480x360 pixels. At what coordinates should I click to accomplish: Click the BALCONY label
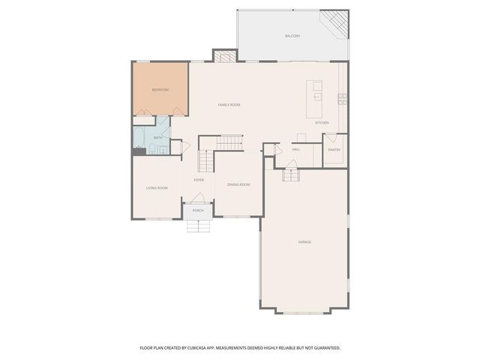(292, 36)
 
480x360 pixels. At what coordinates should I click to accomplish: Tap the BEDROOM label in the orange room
(160, 90)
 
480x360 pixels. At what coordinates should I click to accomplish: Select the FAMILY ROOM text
(229, 105)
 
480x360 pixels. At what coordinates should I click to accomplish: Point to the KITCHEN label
(322, 122)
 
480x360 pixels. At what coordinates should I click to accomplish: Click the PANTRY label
(334, 149)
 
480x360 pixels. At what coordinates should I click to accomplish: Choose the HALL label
(296, 149)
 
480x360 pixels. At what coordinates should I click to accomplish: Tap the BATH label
(158, 138)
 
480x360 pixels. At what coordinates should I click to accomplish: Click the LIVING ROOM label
(157, 187)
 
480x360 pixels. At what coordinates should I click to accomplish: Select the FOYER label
(199, 180)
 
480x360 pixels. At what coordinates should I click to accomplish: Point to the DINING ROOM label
(238, 184)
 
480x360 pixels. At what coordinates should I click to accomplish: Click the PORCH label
(198, 211)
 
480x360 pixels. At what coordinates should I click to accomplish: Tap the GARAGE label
(304, 241)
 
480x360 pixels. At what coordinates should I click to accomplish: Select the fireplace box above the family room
(224, 56)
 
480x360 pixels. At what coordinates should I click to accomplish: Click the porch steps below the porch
(198, 225)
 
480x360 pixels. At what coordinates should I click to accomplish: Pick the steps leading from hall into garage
(291, 175)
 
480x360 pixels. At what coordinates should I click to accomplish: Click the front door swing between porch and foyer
(198, 198)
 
